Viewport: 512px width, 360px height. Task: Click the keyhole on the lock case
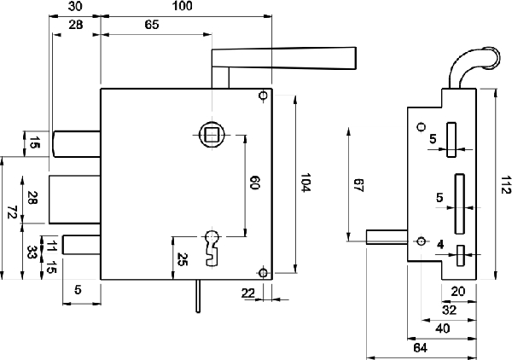212,247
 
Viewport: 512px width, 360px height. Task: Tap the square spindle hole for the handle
212,135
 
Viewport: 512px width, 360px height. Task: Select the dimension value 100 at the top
183,6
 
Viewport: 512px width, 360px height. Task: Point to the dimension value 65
152,25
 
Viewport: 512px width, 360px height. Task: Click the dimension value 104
305,183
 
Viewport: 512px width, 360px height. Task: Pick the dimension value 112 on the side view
506,185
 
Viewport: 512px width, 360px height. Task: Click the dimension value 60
254,183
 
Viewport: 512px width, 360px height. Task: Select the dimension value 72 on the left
13,212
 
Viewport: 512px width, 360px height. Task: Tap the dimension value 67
358,185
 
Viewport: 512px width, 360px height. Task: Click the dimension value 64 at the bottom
420,348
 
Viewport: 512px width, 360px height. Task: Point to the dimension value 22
248,293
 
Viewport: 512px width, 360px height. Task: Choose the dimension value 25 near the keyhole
183,259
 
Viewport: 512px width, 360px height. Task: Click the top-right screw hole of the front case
263,96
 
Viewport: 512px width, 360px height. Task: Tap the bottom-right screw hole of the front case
263,273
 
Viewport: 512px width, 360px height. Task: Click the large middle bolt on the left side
75,200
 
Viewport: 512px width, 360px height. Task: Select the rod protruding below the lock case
198,296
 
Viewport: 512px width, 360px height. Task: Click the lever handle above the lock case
284,59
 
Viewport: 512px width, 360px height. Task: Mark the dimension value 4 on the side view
440,245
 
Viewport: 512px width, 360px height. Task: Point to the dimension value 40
443,328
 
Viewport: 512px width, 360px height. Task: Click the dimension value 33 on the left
32,253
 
